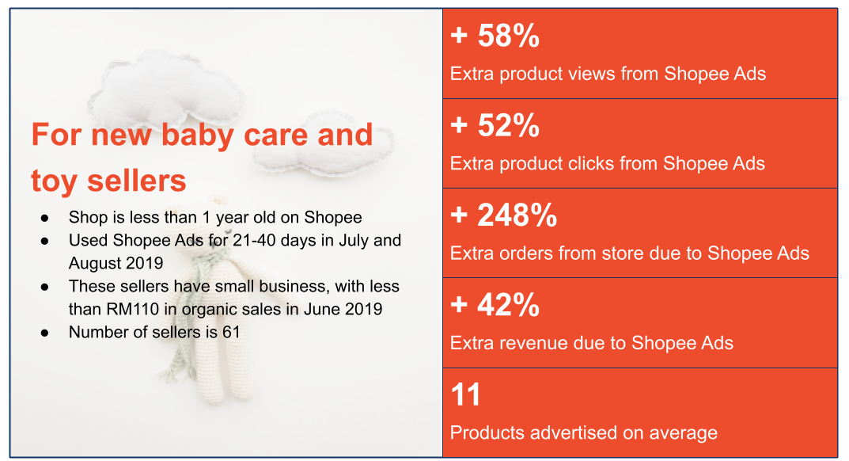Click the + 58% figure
(495, 36)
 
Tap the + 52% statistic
(495, 125)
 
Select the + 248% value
(503, 215)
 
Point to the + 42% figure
(495, 305)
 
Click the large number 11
(465, 394)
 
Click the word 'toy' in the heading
(55, 181)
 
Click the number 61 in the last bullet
(231, 332)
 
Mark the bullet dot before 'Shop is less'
(44, 218)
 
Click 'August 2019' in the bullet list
(116, 263)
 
